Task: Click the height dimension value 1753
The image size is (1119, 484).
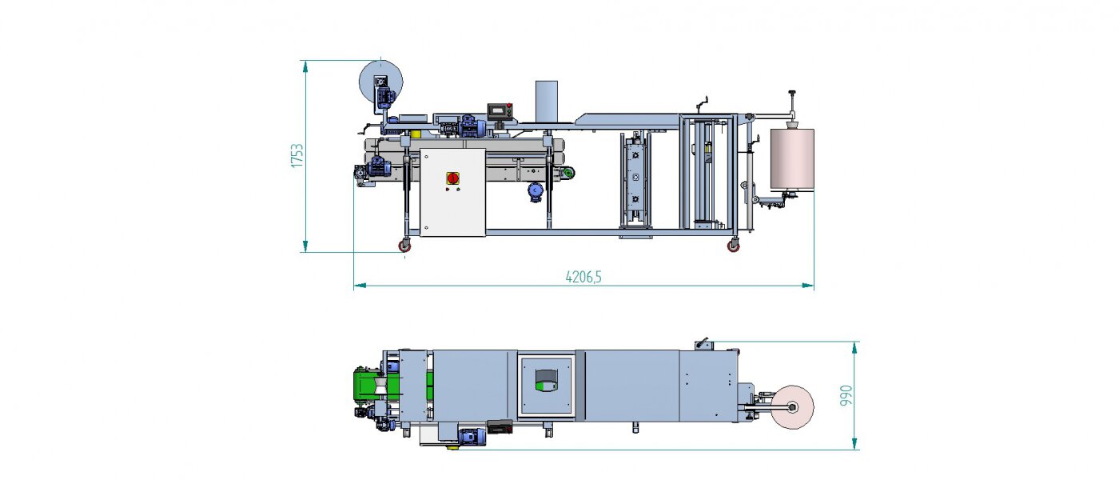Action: pyautogui.click(x=297, y=156)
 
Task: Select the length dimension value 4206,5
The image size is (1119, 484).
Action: pyautogui.click(x=583, y=277)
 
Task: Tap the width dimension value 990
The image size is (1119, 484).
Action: pyautogui.click(x=846, y=395)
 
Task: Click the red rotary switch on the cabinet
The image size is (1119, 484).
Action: pyautogui.click(x=452, y=178)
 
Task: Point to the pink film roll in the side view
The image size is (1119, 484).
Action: pyautogui.click(x=792, y=159)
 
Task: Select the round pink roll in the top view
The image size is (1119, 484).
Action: pyautogui.click(x=792, y=407)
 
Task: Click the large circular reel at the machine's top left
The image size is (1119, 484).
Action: pyautogui.click(x=380, y=82)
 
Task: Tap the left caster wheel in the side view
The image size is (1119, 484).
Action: pyautogui.click(x=404, y=246)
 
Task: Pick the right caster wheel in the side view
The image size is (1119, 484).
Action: pyautogui.click(x=733, y=246)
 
